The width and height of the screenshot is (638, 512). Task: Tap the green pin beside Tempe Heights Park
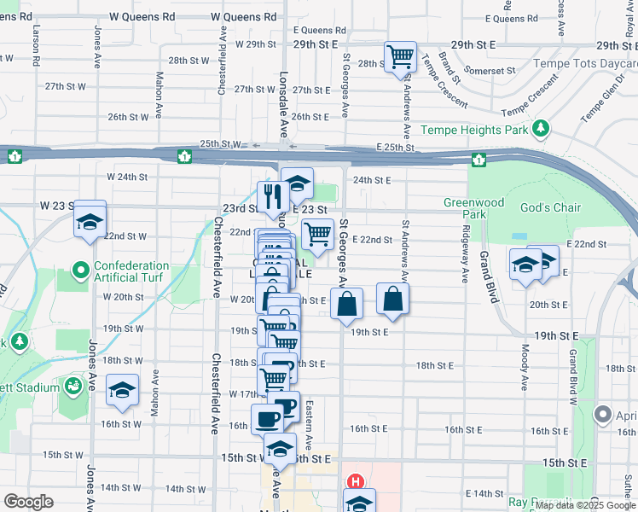click(x=540, y=129)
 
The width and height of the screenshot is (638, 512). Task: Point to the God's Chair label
click(x=550, y=207)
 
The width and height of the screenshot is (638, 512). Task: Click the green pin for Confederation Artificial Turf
click(x=81, y=272)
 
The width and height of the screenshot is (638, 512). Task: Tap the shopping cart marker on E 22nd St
click(x=317, y=233)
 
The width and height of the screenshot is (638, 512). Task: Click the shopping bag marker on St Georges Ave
click(x=347, y=303)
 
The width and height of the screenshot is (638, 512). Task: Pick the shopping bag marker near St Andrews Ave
click(x=392, y=298)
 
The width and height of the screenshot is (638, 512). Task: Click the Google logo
click(x=28, y=502)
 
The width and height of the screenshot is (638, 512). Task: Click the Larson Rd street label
click(x=38, y=50)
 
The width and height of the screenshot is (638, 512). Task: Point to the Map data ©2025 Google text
click(x=584, y=505)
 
